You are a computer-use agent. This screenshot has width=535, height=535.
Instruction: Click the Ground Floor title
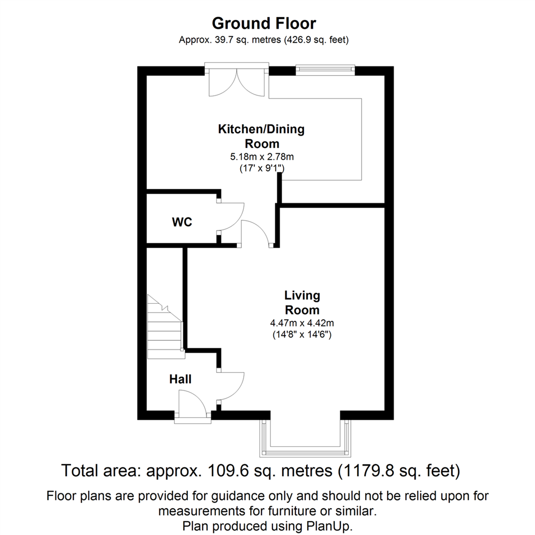pyautogui.click(x=264, y=23)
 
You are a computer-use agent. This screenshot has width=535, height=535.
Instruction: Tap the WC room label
pyautogui.click(x=182, y=222)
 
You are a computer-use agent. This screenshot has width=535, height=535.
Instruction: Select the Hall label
pyautogui.click(x=180, y=379)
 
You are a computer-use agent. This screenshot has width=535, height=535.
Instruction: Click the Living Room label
pyautogui.click(x=302, y=303)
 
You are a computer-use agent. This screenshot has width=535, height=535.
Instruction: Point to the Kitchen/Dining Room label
pyautogui.click(x=261, y=136)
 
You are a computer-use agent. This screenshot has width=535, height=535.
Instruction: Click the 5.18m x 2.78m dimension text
pyautogui.click(x=261, y=157)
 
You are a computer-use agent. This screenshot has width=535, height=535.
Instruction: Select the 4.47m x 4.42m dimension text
pyautogui.click(x=302, y=323)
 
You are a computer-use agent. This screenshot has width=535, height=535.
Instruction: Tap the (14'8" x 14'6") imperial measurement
pyautogui.click(x=302, y=334)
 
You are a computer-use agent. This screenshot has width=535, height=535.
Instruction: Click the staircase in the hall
pyautogui.click(x=164, y=327)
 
